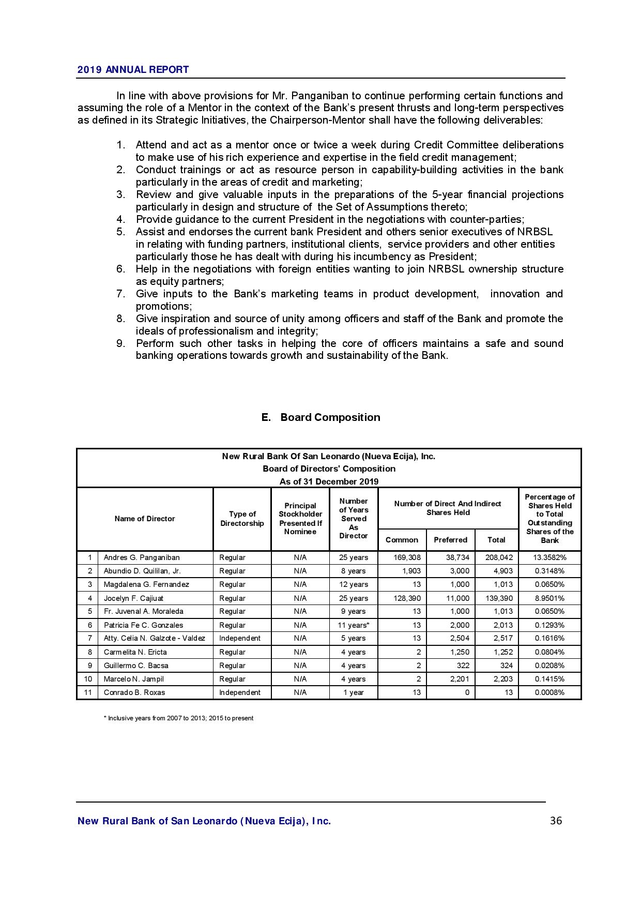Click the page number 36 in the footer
click(x=556, y=821)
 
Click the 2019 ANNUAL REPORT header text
click(x=133, y=70)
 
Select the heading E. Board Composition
click(x=321, y=417)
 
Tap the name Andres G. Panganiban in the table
click(x=142, y=557)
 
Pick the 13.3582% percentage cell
click(x=550, y=557)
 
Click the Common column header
click(x=402, y=540)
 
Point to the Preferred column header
click(x=450, y=540)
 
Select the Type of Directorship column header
click(x=242, y=519)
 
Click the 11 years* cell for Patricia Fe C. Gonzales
click(x=354, y=625)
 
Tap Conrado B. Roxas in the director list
click(x=134, y=692)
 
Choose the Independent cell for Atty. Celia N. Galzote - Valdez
click(x=240, y=639)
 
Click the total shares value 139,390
click(x=499, y=598)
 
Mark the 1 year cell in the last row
click(x=354, y=692)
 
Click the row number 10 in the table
click(x=88, y=679)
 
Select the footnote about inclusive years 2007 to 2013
click(x=178, y=718)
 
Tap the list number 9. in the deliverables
click(x=120, y=343)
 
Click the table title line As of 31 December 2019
click(x=329, y=481)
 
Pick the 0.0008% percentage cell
click(x=550, y=692)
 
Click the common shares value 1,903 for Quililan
click(x=411, y=571)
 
